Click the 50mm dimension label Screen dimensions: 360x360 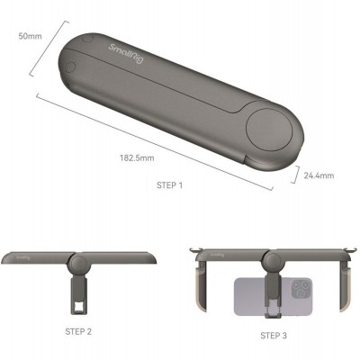click(x=29, y=37)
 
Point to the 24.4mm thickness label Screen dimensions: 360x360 click(x=319, y=175)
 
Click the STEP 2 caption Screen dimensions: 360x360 click(x=76, y=330)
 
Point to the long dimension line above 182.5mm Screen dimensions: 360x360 click(x=153, y=139)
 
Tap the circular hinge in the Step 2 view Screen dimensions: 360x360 click(x=77, y=263)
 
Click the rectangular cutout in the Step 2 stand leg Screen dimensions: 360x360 click(x=77, y=310)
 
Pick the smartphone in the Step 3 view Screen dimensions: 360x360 click(x=272, y=298)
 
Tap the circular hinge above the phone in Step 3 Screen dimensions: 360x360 click(x=273, y=264)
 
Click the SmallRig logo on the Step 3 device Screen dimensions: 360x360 click(x=213, y=255)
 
